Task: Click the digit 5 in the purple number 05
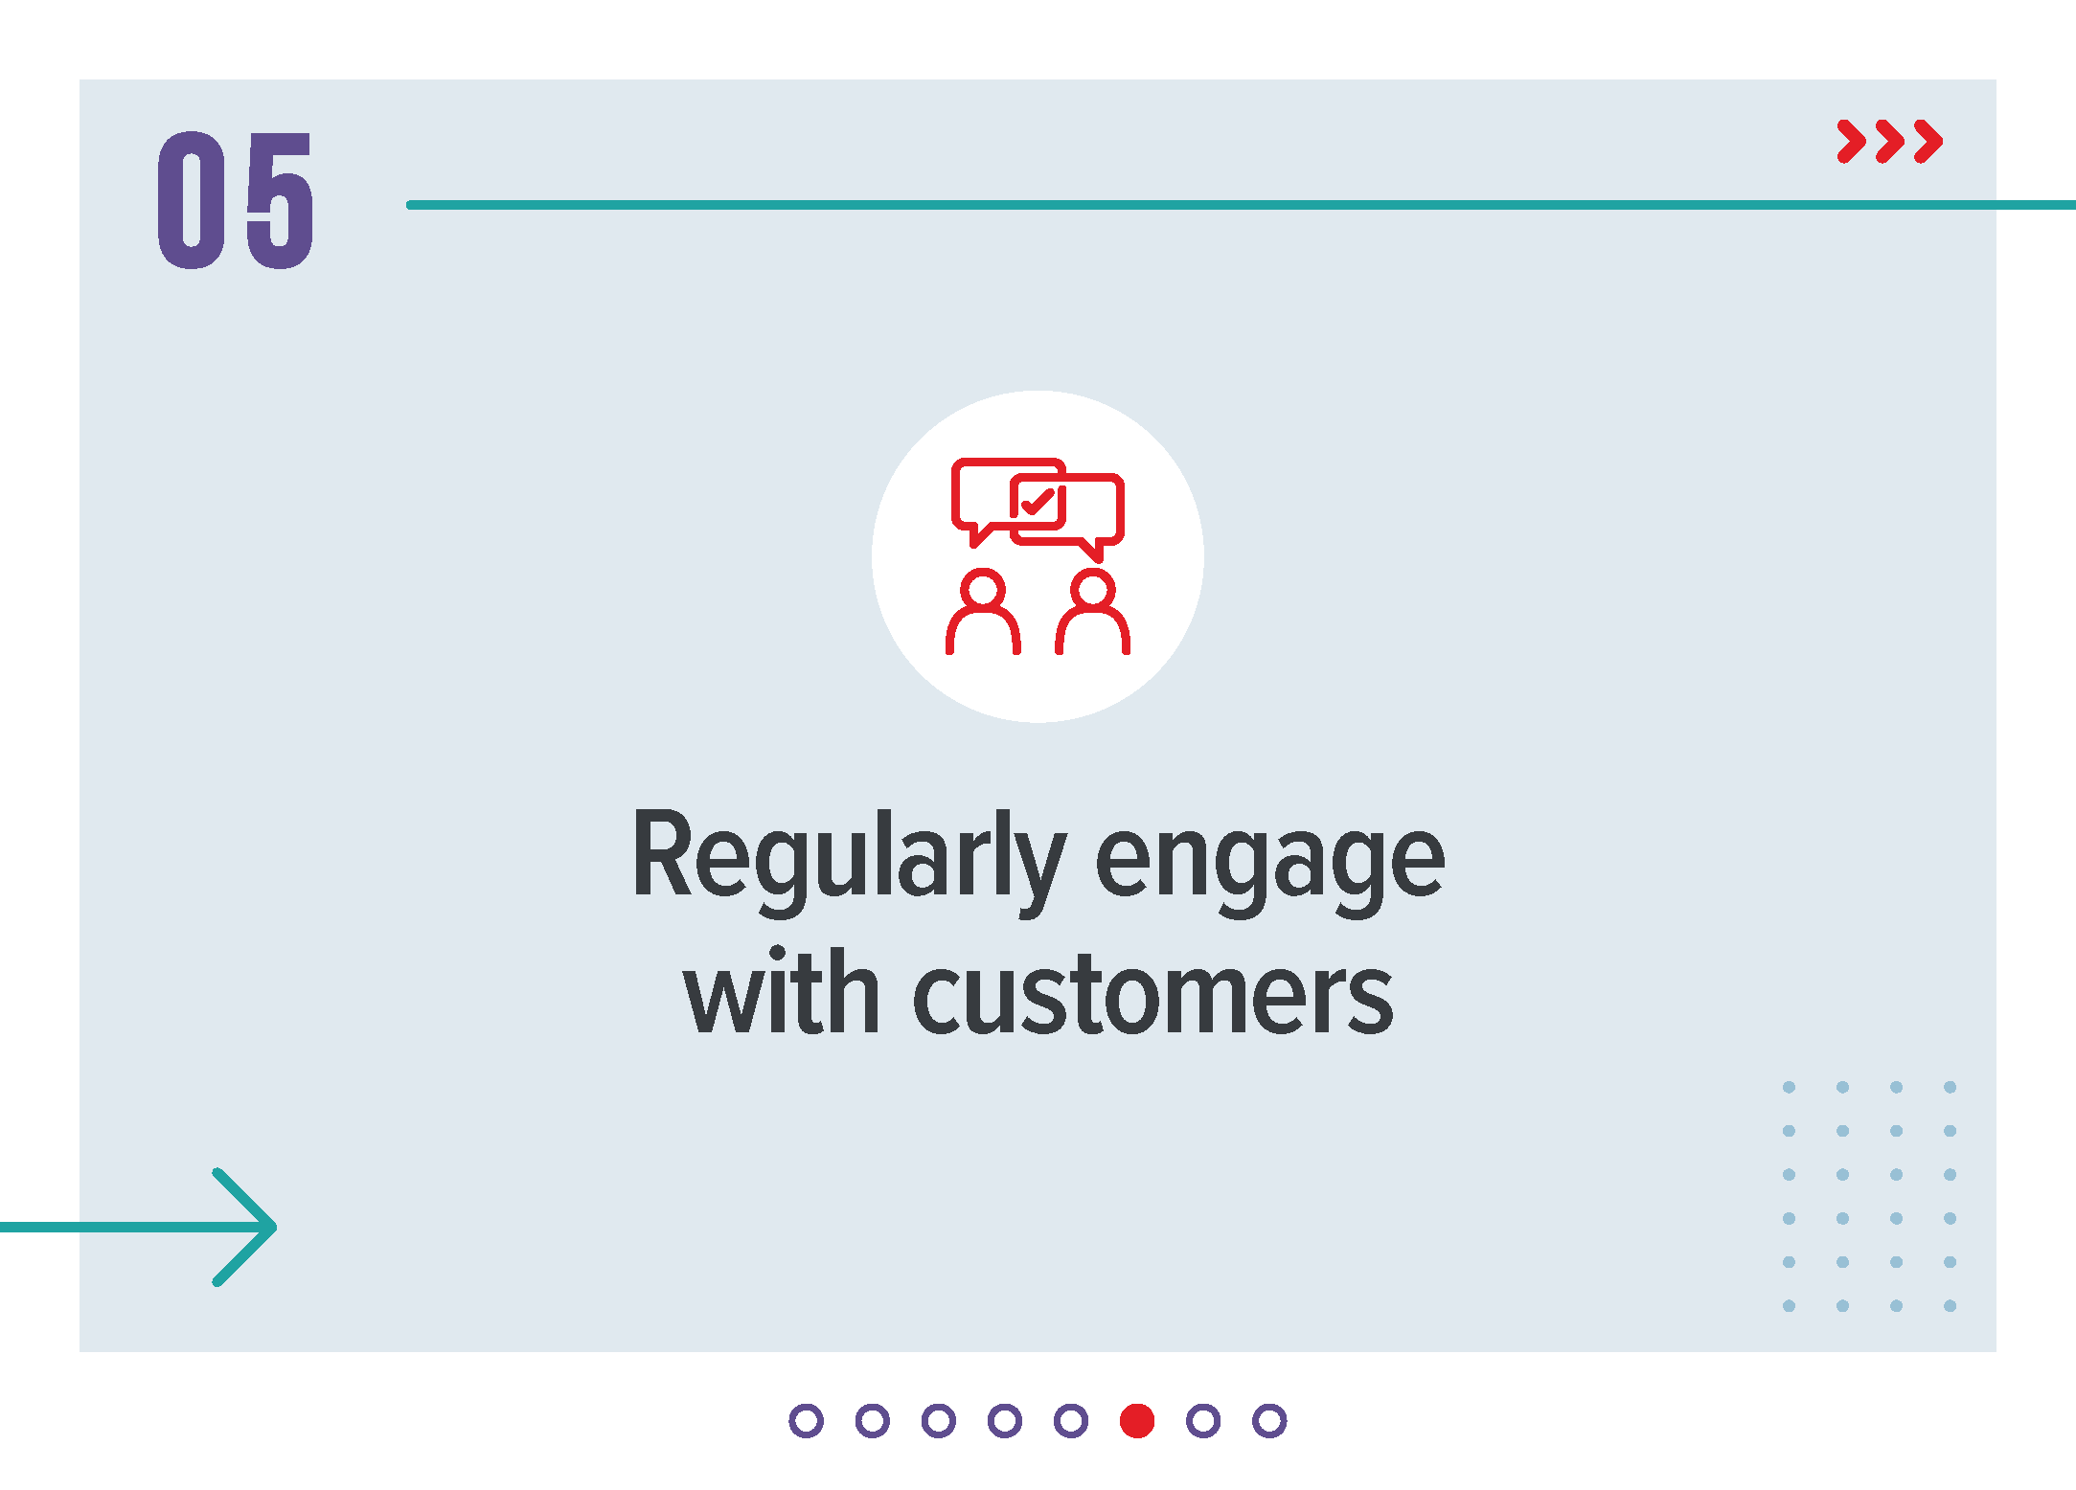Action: click(280, 200)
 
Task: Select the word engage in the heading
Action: click(1269, 863)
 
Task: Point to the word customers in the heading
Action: click(1152, 997)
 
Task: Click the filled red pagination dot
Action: click(1137, 1421)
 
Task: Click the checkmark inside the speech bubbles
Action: click(1038, 501)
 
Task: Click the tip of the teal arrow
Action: click(275, 1227)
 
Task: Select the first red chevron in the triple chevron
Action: click(1852, 142)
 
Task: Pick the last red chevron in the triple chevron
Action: click(1928, 142)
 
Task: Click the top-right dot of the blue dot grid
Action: click(1950, 1087)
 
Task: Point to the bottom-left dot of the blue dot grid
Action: click(1789, 1305)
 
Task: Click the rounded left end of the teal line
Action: click(411, 205)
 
